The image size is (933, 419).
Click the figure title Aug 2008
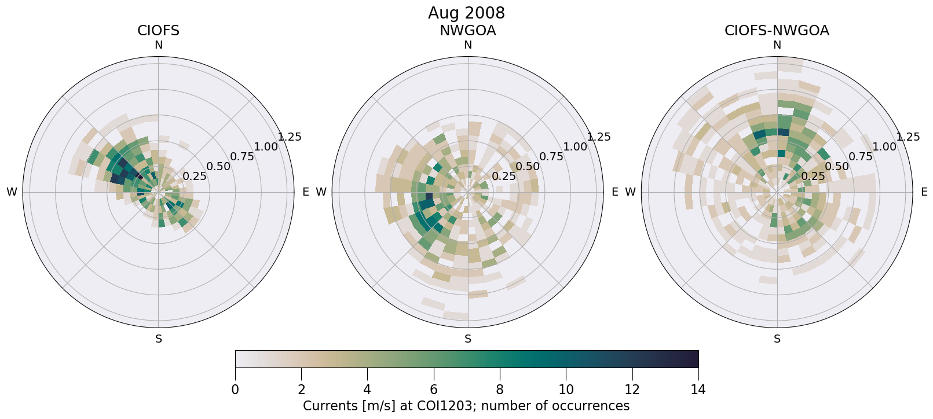[x=466, y=13]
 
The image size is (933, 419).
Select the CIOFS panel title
[x=158, y=31]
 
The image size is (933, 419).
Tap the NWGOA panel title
[x=467, y=31]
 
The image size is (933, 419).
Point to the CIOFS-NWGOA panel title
[x=777, y=31]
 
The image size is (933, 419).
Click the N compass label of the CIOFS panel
[x=158, y=45]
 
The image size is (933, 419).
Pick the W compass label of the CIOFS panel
[x=12, y=192]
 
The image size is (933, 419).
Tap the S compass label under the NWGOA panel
[x=467, y=339]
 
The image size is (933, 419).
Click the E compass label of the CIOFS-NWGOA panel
[x=924, y=192]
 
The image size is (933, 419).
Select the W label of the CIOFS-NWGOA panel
[x=630, y=192]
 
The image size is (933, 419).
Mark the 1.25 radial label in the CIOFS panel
[x=290, y=137]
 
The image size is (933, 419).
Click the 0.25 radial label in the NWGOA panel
[x=504, y=177]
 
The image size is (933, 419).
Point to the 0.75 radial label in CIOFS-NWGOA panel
[x=861, y=156]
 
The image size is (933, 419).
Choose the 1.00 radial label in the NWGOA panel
[x=575, y=147]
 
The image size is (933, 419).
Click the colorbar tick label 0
[x=235, y=389]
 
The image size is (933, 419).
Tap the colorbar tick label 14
[x=698, y=389]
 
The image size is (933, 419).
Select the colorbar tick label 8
[x=500, y=389]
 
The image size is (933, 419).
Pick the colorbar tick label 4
[x=367, y=389]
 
